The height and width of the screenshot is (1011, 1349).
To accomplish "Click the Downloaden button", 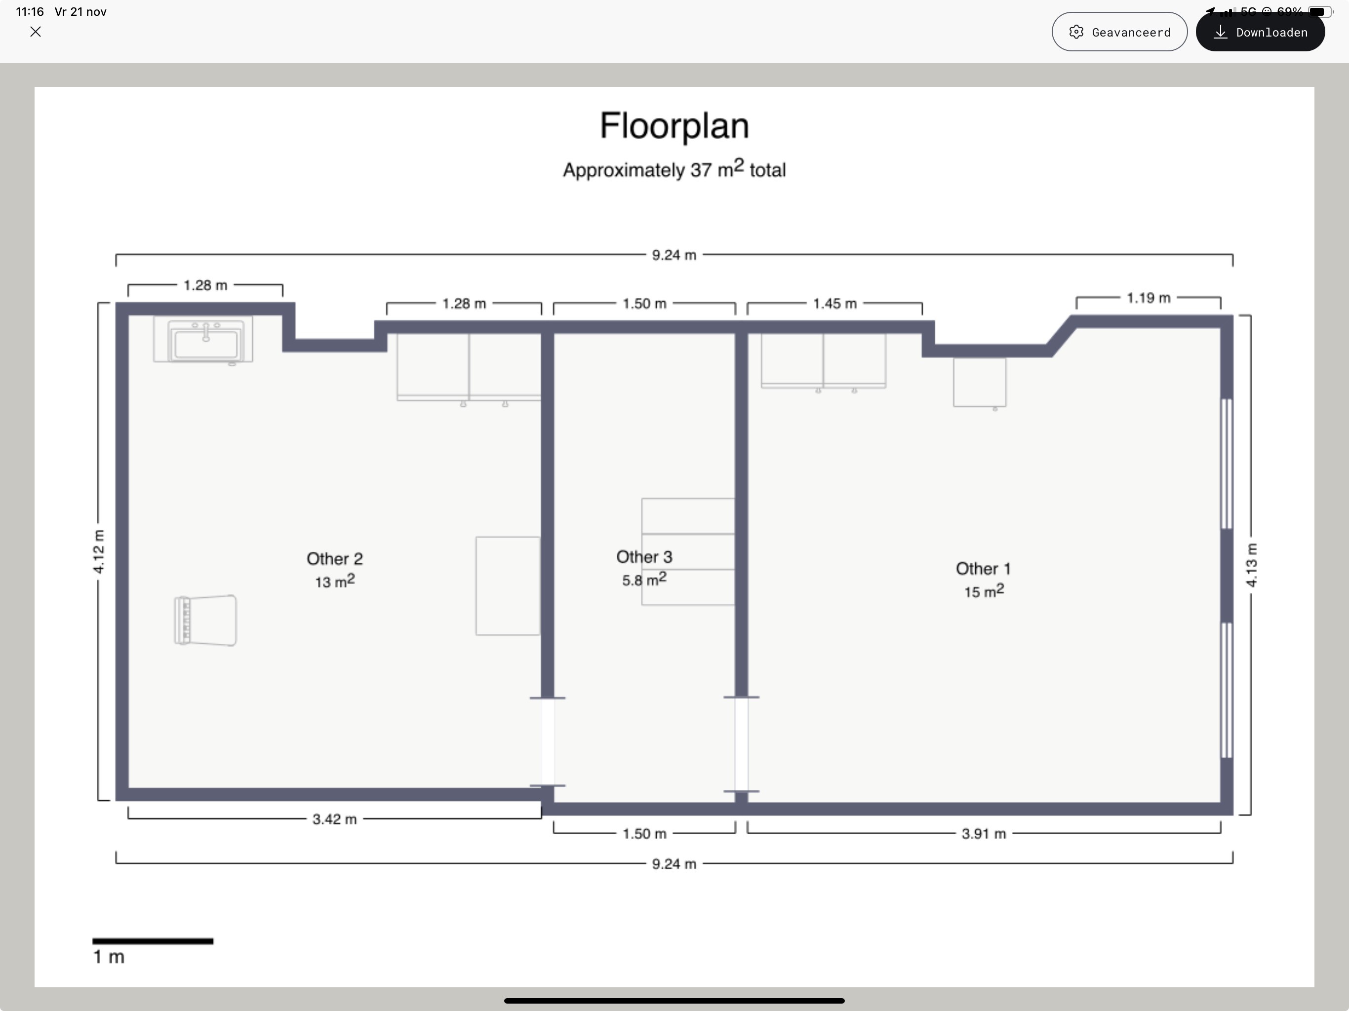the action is coord(1260,32).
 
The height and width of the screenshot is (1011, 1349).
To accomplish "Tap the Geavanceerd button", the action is coord(1119,32).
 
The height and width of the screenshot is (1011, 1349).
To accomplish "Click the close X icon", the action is coord(36,32).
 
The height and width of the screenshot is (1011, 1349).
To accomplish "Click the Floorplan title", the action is coord(674,125).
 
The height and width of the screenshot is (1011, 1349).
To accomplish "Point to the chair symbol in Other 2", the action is coord(205,620).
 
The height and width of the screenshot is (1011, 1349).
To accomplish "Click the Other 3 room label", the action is coord(644,557).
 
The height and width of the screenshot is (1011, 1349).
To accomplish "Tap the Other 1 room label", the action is coord(983,569).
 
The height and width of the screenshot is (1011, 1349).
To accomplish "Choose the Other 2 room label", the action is coord(334,558).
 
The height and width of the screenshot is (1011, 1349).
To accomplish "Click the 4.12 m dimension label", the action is coord(98,552).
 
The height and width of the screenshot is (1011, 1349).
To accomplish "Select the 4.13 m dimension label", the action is coord(1251,565).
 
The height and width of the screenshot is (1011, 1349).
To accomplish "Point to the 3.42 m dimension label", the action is coord(334,819).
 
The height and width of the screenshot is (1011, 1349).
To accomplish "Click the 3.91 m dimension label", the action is coord(984,834).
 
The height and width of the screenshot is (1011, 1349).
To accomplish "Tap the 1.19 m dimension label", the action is coord(1149,298).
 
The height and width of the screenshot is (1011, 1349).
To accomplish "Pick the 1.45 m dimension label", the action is coord(835,304).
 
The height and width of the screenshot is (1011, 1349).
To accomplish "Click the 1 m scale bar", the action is coord(153,941).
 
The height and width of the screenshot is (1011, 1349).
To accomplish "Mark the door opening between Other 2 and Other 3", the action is coord(548,741).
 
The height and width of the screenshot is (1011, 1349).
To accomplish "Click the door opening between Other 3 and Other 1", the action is coord(742,744).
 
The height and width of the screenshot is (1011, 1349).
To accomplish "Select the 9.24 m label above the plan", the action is coord(674,255).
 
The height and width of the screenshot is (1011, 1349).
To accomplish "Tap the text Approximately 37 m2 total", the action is coord(674,168).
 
